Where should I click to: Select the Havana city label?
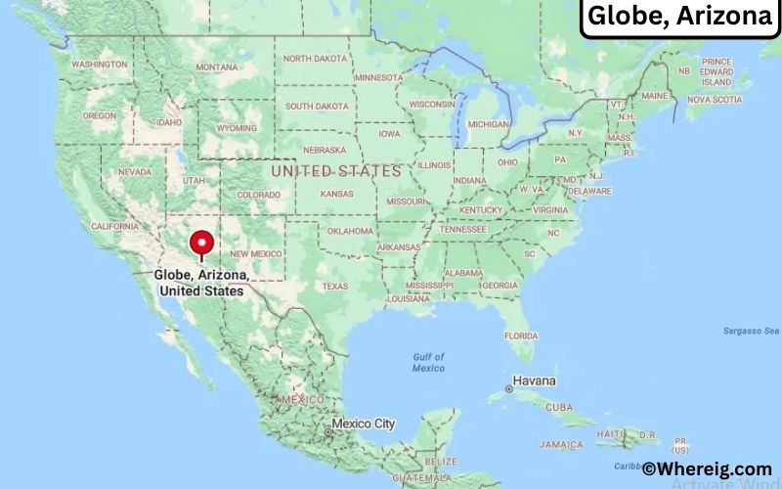535,380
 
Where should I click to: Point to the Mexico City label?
363,423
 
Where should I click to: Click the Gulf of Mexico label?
428,362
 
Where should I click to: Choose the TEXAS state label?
335,287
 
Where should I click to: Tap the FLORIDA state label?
521,335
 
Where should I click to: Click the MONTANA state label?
216,67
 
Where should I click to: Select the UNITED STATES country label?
335,171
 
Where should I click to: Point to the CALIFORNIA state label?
115,226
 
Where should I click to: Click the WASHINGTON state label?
100,64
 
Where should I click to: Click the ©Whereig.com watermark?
706,469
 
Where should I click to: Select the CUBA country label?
559,407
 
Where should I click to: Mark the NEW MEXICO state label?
256,253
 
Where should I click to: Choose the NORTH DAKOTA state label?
314,59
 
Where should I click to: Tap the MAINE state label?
654,96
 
